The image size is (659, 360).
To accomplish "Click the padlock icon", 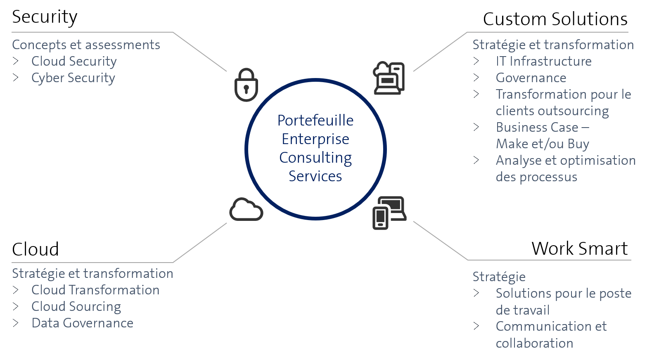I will click(x=246, y=85).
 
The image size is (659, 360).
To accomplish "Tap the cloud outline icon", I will click(x=246, y=209).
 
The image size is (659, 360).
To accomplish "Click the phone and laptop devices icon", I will click(x=389, y=212).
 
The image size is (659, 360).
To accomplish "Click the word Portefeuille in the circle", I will click(x=315, y=121).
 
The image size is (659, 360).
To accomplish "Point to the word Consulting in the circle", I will click(x=315, y=158).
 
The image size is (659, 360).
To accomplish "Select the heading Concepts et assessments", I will click(x=86, y=45).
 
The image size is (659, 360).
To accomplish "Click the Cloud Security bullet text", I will click(x=74, y=61).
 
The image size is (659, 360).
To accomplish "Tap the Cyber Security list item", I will click(x=73, y=78).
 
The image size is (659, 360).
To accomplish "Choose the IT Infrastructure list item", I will click(x=543, y=61).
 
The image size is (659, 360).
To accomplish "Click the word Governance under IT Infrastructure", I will click(x=531, y=78).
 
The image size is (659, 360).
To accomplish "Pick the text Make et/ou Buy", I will click(x=543, y=144).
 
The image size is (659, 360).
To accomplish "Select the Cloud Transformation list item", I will click(x=95, y=290).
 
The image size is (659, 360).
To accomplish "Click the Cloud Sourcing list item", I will click(x=76, y=306).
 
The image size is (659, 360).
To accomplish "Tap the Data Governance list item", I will click(x=83, y=323).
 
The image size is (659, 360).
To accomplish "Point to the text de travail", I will click(x=522, y=310).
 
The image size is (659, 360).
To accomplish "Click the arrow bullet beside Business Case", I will click(x=476, y=127).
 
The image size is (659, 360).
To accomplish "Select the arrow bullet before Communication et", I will click(x=476, y=326).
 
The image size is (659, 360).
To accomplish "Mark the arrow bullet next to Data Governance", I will click(x=16, y=323).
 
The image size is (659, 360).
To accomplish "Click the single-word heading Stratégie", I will click(x=499, y=277).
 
